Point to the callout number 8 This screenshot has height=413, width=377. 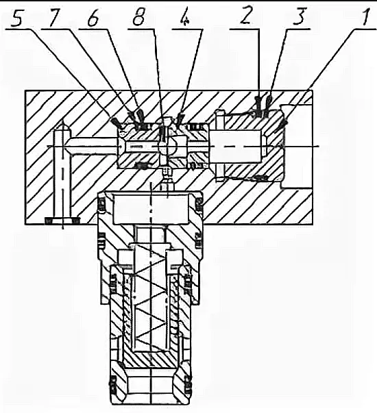(x=138, y=18)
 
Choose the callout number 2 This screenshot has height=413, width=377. (x=245, y=16)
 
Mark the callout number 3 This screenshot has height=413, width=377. (x=299, y=16)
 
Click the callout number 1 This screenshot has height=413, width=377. (x=366, y=16)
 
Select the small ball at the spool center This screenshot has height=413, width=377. (x=163, y=145)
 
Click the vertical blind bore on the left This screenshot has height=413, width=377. (x=63, y=171)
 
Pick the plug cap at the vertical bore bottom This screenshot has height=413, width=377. (x=63, y=221)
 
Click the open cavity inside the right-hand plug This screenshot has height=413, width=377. (x=237, y=146)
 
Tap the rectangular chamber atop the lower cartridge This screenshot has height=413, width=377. (x=150, y=209)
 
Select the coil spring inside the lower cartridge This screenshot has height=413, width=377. (x=150, y=298)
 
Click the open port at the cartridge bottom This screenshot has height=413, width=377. (x=150, y=387)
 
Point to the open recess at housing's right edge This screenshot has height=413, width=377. (x=297, y=146)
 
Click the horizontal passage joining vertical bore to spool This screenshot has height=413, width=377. (x=93, y=146)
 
